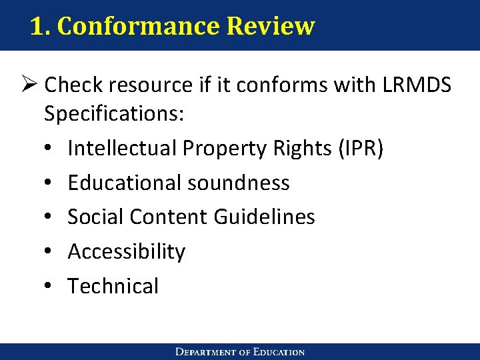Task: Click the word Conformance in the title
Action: (137, 27)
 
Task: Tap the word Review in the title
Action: (270, 27)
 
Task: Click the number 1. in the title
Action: (41, 27)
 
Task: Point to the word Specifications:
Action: (114, 114)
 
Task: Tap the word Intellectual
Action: (124, 148)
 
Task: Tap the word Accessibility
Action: (127, 251)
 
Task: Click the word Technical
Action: (113, 286)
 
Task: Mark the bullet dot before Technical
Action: (49, 287)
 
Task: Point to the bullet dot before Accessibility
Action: (49, 252)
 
